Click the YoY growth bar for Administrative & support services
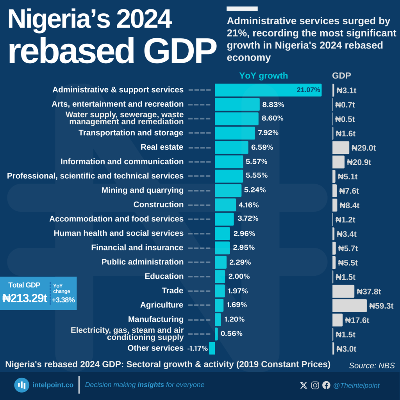pyautogui.click(x=268, y=90)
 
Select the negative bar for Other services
pyautogui.click(x=212, y=348)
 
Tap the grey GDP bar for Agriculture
pyautogui.click(x=349, y=305)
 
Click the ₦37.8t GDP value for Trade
pyautogui.click(x=369, y=291)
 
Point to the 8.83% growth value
pyautogui.click(x=273, y=105)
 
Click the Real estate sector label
pyautogui.click(x=162, y=147)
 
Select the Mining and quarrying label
pyautogui.click(x=142, y=190)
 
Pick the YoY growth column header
pyautogui.click(x=263, y=76)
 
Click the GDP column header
pyautogui.click(x=341, y=76)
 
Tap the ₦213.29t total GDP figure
pyautogui.click(x=25, y=299)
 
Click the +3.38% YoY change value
pyautogui.click(x=63, y=300)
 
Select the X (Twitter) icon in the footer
pyautogui.click(x=304, y=386)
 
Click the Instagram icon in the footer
pyautogui.click(x=315, y=386)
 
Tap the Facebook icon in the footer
pyautogui.click(x=326, y=386)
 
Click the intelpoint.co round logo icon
pyautogui.click(x=22, y=385)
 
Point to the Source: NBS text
pyautogui.click(x=372, y=366)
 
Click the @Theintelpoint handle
pyautogui.click(x=356, y=386)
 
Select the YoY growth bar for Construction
pyautogui.click(x=225, y=205)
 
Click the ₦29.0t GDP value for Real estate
pyautogui.click(x=363, y=148)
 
